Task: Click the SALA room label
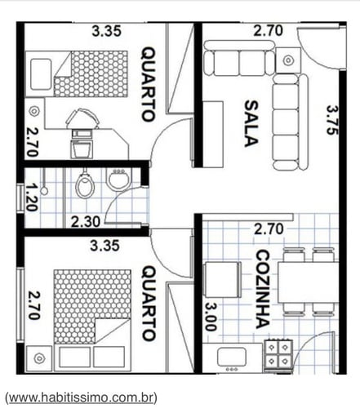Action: pos(251,123)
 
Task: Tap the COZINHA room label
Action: pos(263,290)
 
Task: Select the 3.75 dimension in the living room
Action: pos(332,120)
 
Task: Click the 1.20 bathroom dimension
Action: pos(31,198)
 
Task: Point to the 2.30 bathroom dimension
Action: pos(86,222)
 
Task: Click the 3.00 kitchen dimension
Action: pos(211,317)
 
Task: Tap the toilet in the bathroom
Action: pos(85,184)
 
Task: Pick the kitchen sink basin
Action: pos(232,357)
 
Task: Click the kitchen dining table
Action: pos(308,282)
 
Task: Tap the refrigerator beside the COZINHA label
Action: pos(222,280)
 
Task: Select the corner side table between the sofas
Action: pos(288,60)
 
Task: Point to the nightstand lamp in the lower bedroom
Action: pos(38,358)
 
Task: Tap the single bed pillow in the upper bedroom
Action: pos(41,74)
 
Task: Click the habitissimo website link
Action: pos(81,397)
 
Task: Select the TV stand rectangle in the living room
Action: pos(213,134)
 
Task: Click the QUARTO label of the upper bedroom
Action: pos(148,84)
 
